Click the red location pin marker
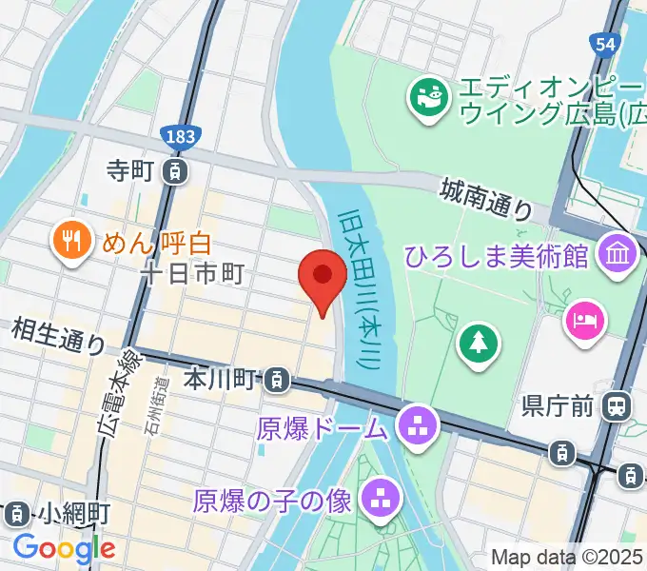(x=323, y=277)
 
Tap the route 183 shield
(x=179, y=137)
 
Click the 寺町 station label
(x=130, y=171)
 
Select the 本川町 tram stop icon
(x=276, y=381)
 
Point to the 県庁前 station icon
(x=617, y=406)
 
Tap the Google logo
(x=64, y=547)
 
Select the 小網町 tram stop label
(x=76, y=515)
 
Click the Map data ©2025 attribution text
(x=567, y=557)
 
